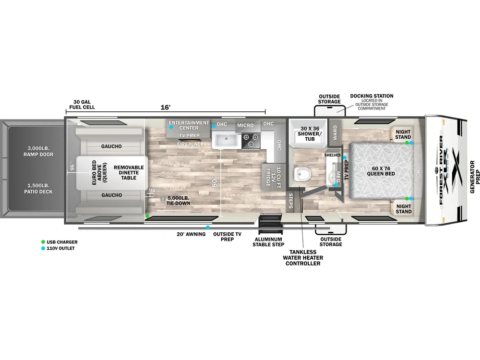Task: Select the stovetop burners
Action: click(250, 140)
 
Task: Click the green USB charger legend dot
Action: click(44, 242)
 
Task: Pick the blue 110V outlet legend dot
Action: click(44, 248)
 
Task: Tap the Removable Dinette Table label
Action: click(129, 173)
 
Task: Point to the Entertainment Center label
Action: click(189, 125)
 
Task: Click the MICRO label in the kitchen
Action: click(245, 125)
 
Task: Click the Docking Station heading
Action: click(372, 96)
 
